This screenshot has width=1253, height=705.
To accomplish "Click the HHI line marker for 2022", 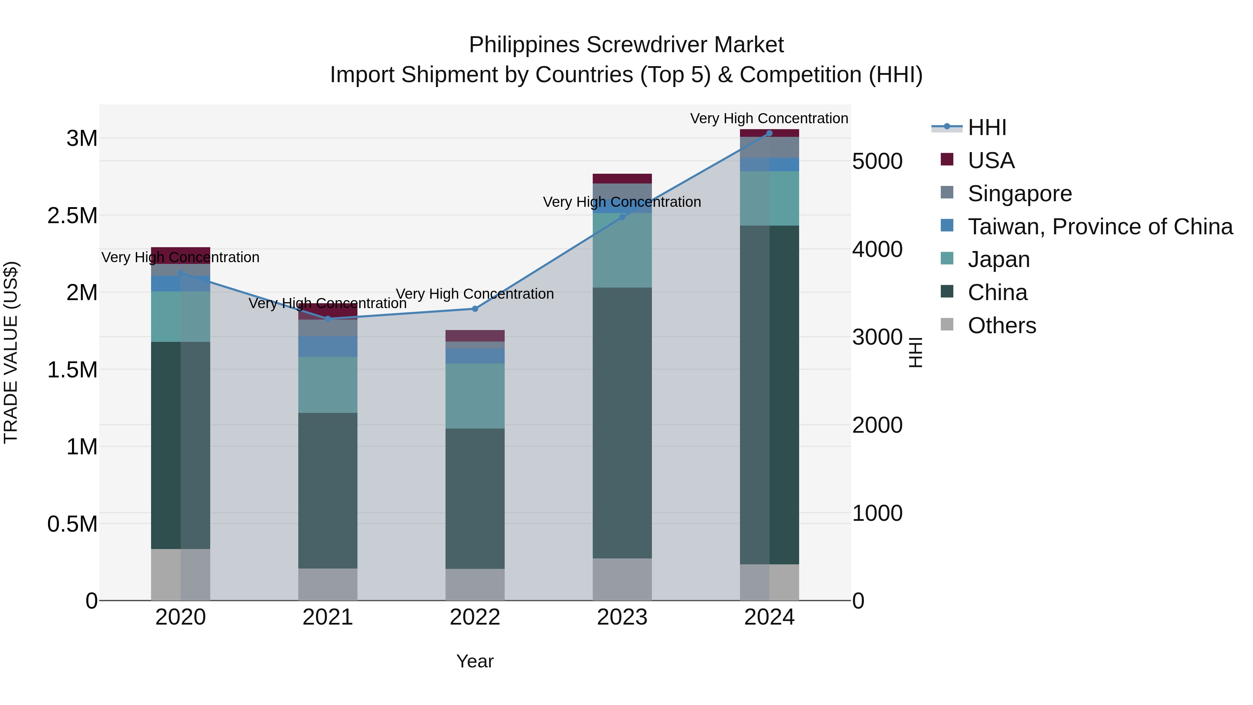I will pyautogui.click(x=475, y=309).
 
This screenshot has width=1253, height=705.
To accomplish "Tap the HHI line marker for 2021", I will pyautogui.click(x=328, y=319).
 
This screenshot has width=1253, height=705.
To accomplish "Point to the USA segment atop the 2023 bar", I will pyautogui.click(x=622, y=179).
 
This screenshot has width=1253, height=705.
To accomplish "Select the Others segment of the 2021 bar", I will pyautogui.click(x=328, y=584).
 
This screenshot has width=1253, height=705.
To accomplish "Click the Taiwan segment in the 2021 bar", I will pyautogui.click(x=328, y=346).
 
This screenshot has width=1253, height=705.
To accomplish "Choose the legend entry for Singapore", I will pyautogui.click(x=1019, y=194).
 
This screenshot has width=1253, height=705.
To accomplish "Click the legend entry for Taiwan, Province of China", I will pyautogui.click(x=1099, y=227).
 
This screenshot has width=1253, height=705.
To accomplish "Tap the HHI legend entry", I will pyautogui.click(x=986, y=127).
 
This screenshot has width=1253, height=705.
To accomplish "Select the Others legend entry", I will pyautogui.click(x=1001, y=326).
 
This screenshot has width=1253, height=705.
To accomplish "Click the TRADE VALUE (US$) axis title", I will pyautogui.click(x=11, y=352).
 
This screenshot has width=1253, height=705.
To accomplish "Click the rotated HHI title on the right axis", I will pyautogui.click(x=915, y=352).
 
